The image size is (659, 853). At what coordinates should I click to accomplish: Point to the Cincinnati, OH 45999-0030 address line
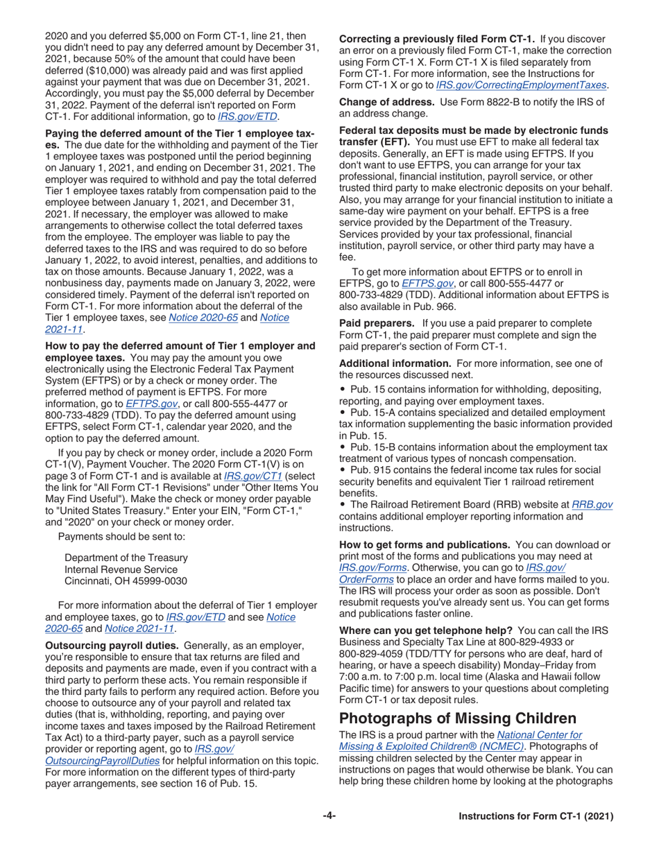[126, 561]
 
